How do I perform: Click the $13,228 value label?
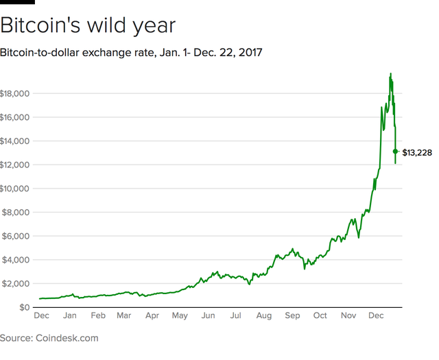pyautogui.click(x=417, y=152)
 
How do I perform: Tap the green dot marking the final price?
pyautogui.click(x=395, y=152)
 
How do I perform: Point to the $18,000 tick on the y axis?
pyautogui.click(x=14, y=93)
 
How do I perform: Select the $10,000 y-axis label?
pyautogui.click(x=14, y=189)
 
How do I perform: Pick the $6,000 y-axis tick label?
pyautogui.click(x=16, y=236)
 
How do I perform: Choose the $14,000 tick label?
pyautogui.click(x=14, y=141)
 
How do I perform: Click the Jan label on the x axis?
pyautogui.click(x=69, y=317)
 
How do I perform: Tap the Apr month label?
pyautogui.click(x=152, y=317)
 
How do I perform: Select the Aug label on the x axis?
pyautogui.click(x=263, y=317)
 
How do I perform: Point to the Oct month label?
pyautogui.click(x=320, y=317)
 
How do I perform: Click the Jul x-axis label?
pyautogui.click(x=235, y=317)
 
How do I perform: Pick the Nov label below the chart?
pyautogui.click(x=348, y=317)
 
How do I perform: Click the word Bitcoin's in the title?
pyautogui.click(x=43, y=26)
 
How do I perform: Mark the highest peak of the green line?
pyautogui.click(x=390, y=73)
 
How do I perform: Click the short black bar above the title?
pyautogui.click(x=17, y=2)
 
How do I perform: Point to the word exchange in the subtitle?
pyautogui.click(x=126, y=53)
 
